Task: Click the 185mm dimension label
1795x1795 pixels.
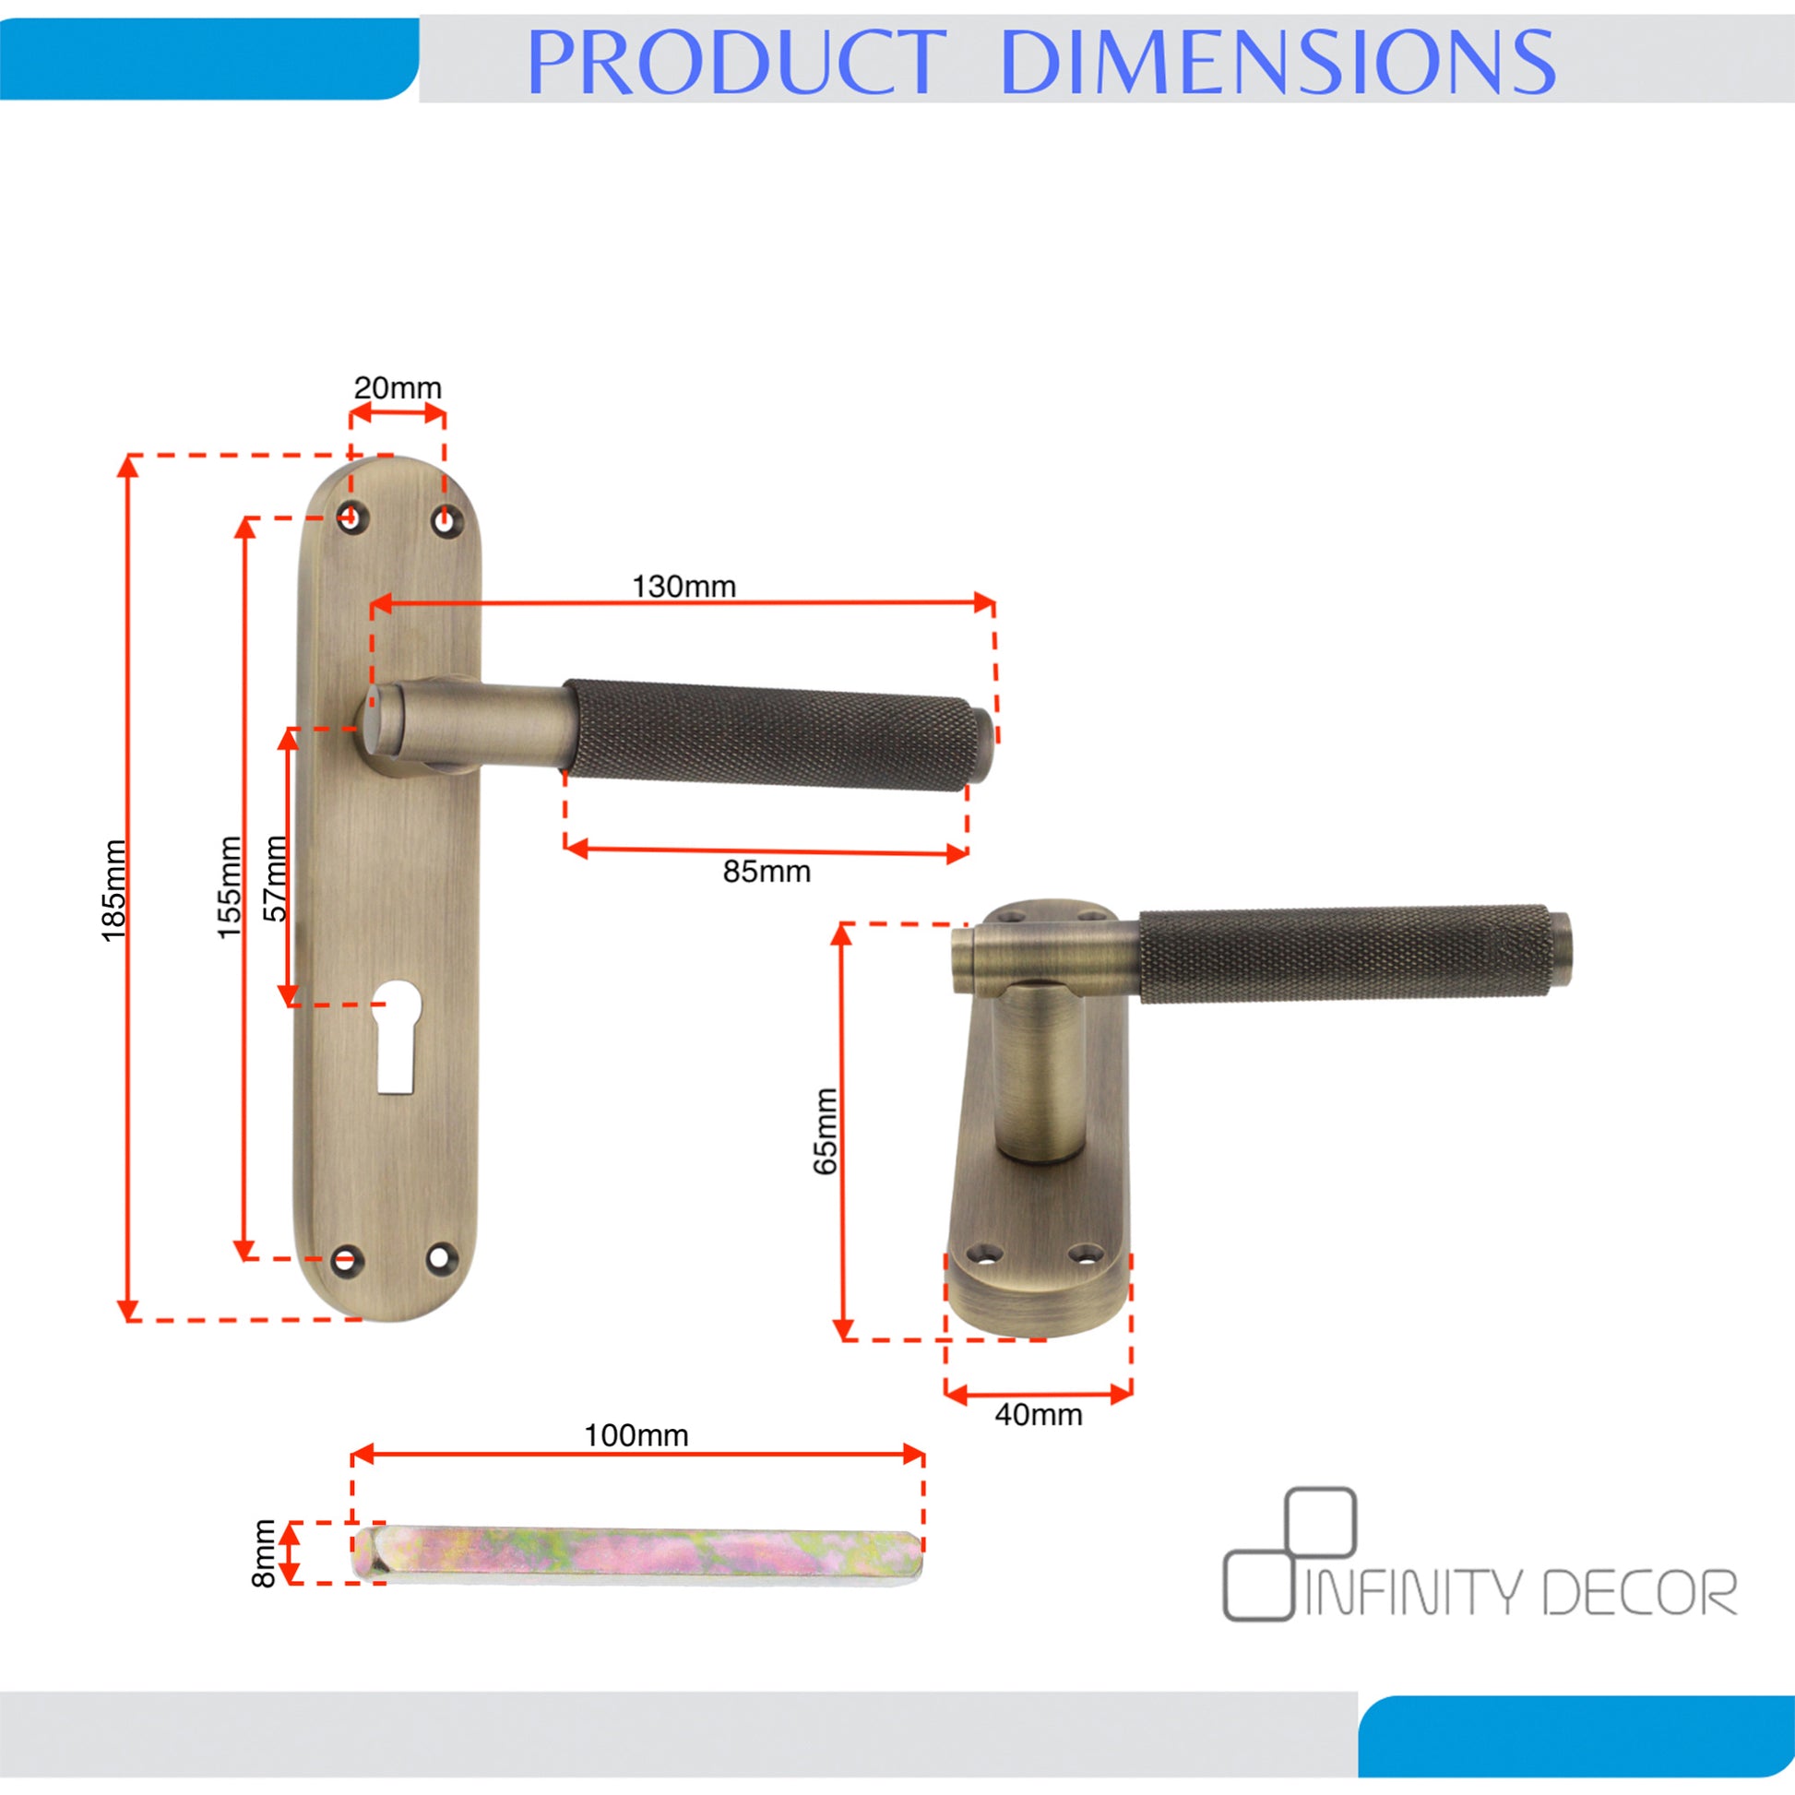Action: [113, 890]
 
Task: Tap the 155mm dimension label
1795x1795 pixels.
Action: [229, 887]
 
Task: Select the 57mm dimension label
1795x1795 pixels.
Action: [276, 878]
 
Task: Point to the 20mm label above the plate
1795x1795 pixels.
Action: [398, 387]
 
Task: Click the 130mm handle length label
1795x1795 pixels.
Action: [684, 587]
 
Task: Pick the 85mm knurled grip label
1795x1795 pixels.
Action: [767, 872]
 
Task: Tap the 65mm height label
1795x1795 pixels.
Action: [825, 1131]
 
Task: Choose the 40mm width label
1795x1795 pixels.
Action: [1039, 1414]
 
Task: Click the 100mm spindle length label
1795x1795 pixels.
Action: [636, 1434]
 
